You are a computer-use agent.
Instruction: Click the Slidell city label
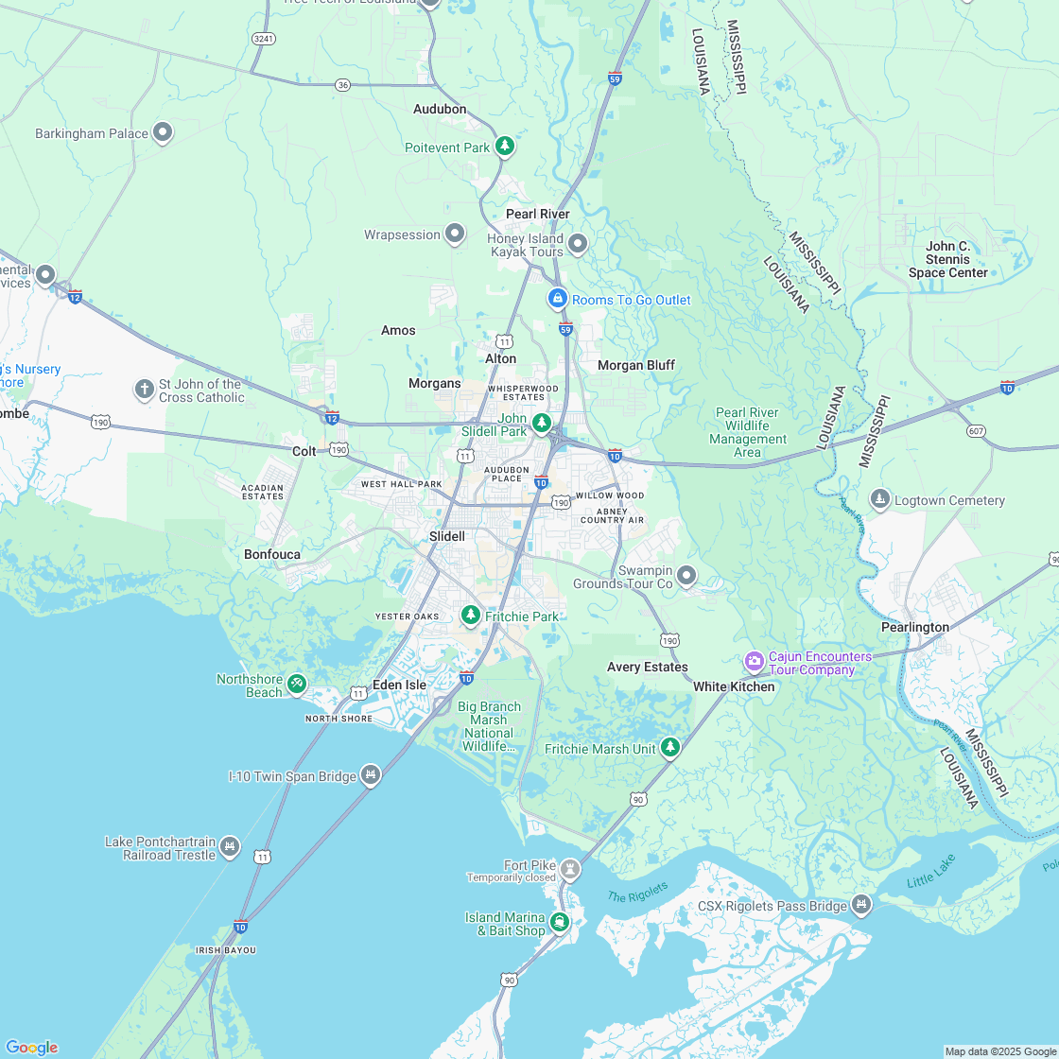pos(447,536)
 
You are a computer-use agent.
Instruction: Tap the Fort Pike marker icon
pos(569,867)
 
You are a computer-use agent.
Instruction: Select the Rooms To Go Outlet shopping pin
pos(558,298)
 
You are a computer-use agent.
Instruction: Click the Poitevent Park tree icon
pos(506,146)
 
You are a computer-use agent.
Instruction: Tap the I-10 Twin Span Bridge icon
pos(371,774)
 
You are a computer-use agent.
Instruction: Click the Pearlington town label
pos(914,627)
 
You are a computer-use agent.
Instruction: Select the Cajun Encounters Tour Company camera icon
pos(754,659)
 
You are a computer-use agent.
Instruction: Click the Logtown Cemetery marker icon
pos(880,498)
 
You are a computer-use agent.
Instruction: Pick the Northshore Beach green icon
pos(297,683)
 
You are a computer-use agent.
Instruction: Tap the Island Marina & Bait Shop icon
pos(560,921)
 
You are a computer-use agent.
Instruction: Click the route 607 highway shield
pos(977,431)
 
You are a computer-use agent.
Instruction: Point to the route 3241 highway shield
pos(264,38)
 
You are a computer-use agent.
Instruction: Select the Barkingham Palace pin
pos(163,132)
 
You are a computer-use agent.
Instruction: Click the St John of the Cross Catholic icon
pos(144,389)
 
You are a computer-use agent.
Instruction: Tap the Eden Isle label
pos(399,684)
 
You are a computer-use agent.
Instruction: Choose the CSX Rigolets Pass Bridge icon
pos(860,904)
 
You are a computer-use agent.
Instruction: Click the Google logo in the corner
pos(31,1047)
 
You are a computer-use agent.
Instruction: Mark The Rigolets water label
pos(637,891)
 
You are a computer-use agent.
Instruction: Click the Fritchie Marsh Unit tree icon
pos(670,747)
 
